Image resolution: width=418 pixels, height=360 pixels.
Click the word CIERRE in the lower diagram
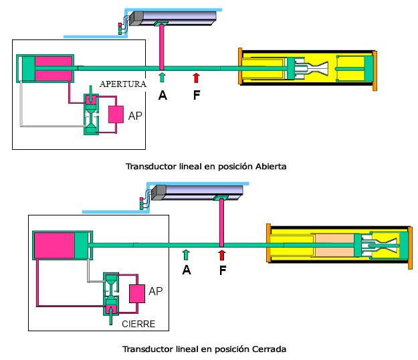click(139, 324)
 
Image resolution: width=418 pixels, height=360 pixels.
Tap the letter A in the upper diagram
click(163, 95)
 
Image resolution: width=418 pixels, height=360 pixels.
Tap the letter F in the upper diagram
click(197, 95)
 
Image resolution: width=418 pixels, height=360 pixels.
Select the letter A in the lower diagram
click(187, 270)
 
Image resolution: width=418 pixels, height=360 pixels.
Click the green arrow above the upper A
click(162, 78)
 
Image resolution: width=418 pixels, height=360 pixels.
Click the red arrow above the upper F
click(196, 78)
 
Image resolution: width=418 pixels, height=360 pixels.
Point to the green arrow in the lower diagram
click(187, 254)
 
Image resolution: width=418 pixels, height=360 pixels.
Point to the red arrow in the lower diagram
click(221, 254)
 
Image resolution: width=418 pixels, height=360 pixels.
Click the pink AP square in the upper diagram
click(116, 114)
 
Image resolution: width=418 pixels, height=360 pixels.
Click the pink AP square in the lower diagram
click(137, 293)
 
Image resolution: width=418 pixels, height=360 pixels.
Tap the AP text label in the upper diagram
click(136, 115)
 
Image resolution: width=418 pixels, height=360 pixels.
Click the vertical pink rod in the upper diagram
click(162, 47)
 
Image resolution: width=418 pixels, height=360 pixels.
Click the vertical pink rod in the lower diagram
click(221, 221)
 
